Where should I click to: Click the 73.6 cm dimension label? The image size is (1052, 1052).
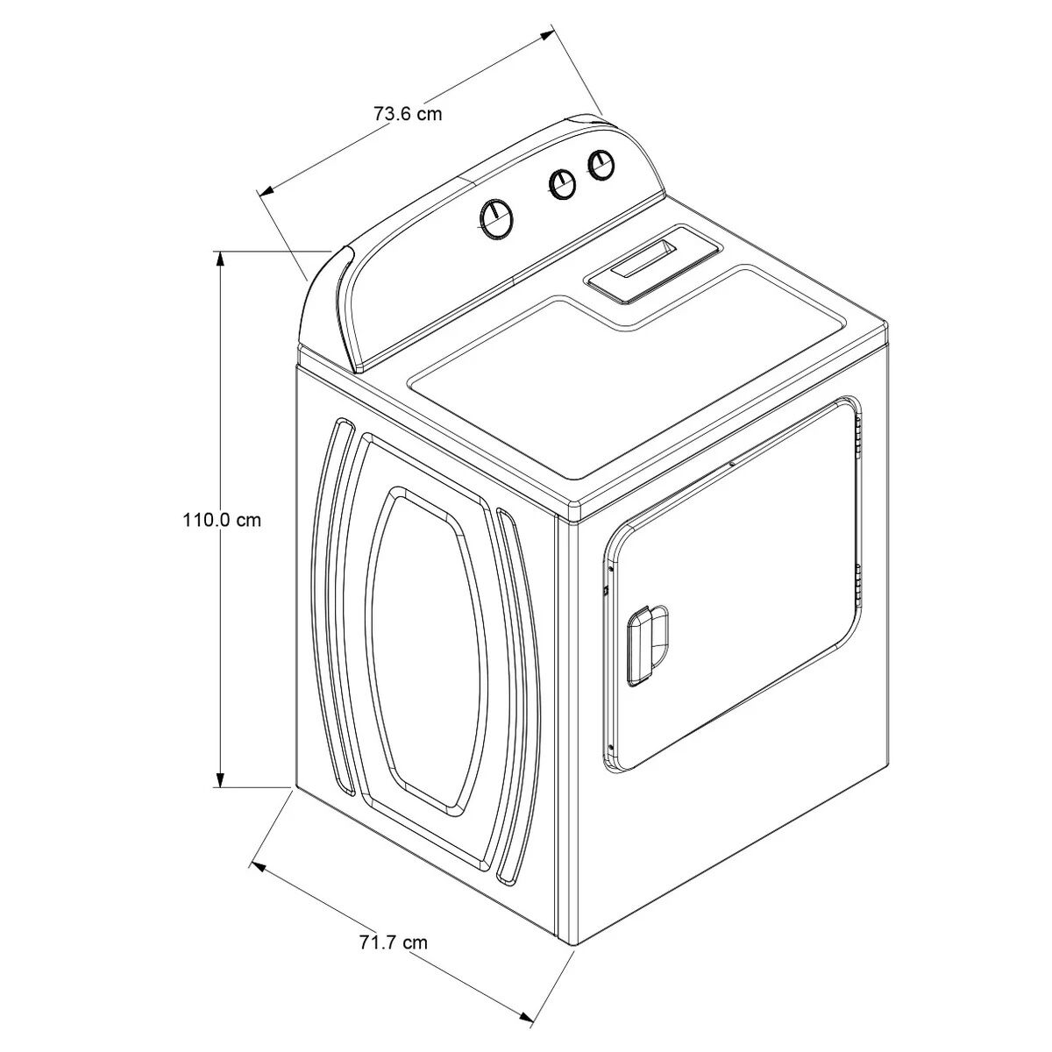click(x=408, y=114)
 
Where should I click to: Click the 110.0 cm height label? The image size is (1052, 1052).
click(x=221, y=520)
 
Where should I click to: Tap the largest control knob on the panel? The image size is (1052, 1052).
click(x=496, y=219)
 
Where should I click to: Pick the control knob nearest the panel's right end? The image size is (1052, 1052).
click(x=601, y=164)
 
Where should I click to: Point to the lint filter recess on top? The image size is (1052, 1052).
click(x=654, y=264)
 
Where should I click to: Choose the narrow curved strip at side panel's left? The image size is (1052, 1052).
click(x=334, y=605)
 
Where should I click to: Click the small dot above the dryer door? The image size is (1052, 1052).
click(x=731, y=464)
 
